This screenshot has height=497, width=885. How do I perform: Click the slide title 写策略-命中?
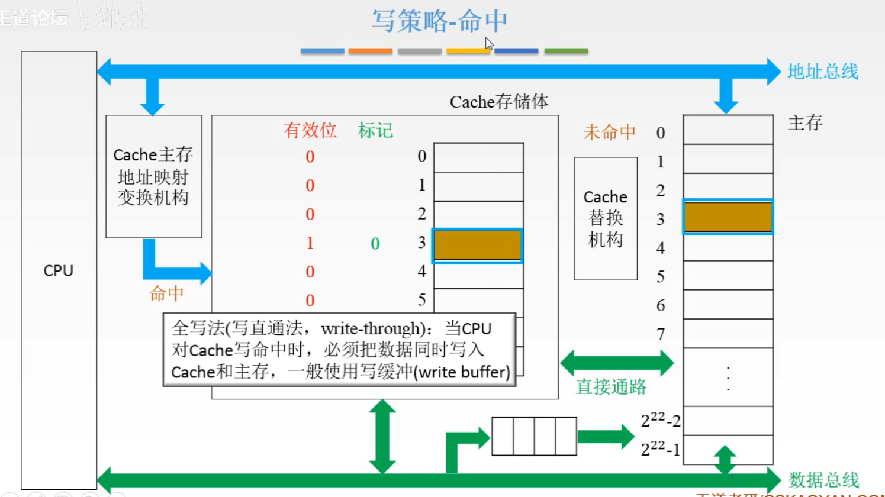[x=439, y=21]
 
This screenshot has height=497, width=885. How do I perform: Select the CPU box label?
[x=59, y=270]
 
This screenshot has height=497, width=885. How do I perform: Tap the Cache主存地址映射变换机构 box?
[x=153, y=176]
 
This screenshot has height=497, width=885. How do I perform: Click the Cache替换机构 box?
[x=606, y=218]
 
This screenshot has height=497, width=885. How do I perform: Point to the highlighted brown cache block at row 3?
[x=478, y=246]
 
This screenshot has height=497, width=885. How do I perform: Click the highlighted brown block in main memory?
[x=728, y=217]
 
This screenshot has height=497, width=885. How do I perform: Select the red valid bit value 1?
[x=310, y=243]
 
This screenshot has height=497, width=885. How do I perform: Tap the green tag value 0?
[x=375, y=244]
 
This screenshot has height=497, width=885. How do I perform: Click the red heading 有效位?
[x=310, y=130]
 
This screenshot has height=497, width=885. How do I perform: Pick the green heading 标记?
[x=375, y=130]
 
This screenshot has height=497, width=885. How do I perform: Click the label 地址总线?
[x=822, y=72]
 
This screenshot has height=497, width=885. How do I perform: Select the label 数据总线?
[x=823, y=479]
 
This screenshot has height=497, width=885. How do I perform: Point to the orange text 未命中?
[x=609, y=132]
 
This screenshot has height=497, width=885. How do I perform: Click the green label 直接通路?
[x=611, y=387]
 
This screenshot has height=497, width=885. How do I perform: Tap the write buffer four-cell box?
[x=534, y=436]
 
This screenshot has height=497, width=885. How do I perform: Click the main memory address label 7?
[x=661, y=334]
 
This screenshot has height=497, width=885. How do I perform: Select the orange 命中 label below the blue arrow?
[x=166, y=293]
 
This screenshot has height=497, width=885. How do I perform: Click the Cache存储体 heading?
[x=499, y=102]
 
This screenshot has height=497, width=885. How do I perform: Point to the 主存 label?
[x=805, y=123]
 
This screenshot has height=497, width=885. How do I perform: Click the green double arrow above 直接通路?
[x=617, y=363]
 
